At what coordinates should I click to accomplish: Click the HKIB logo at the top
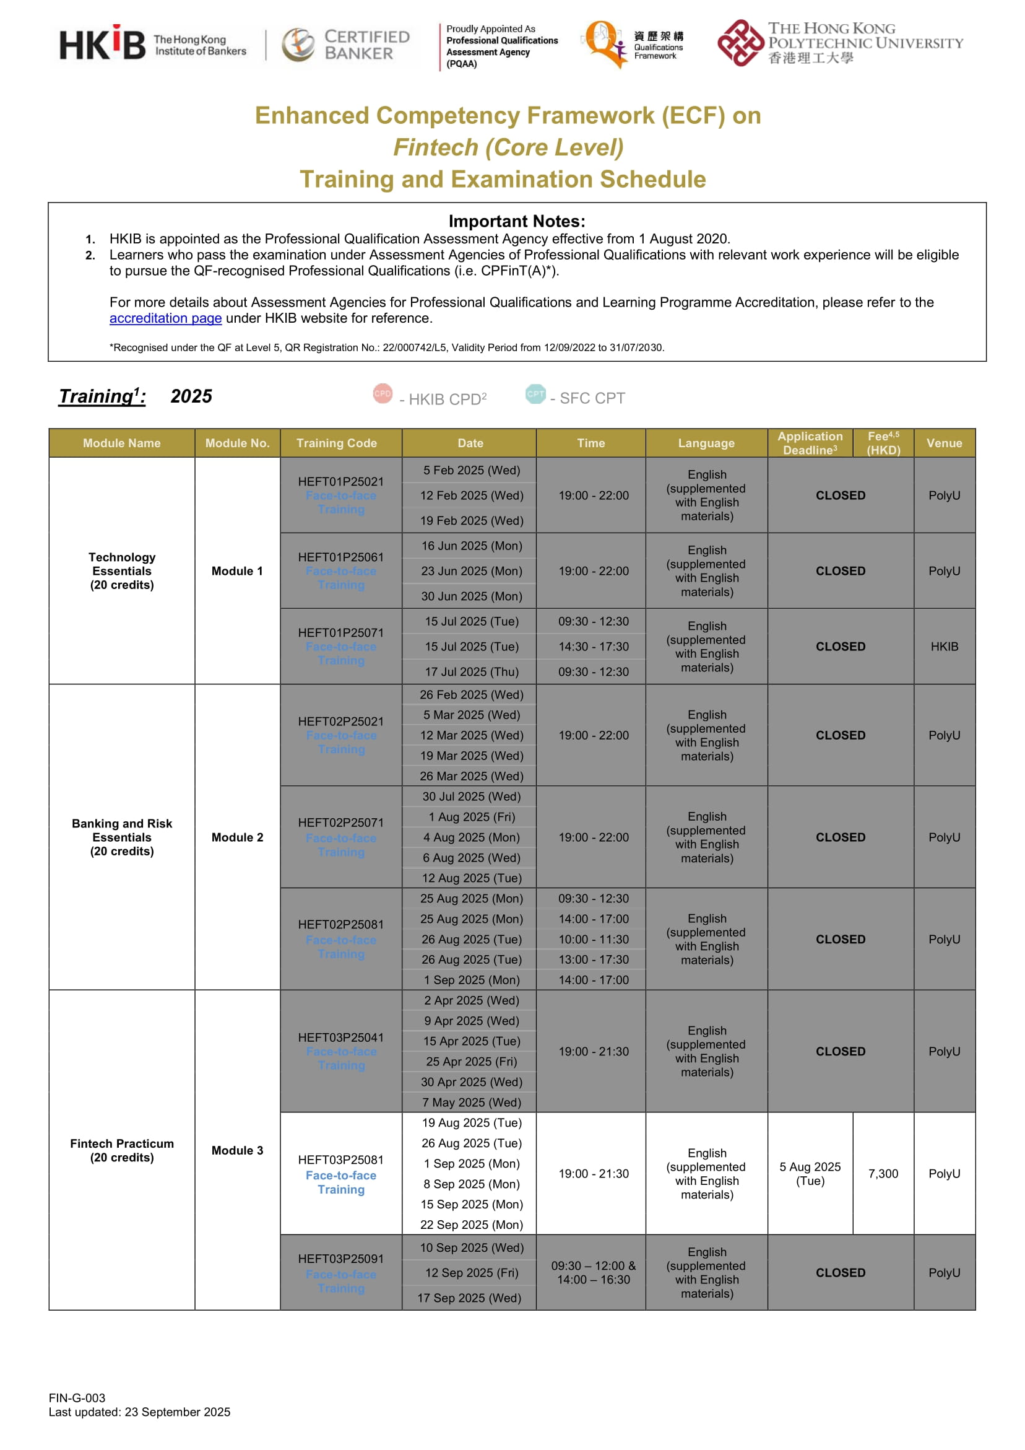(x=102, y=44)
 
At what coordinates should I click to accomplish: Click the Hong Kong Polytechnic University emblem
(x=740, y=43)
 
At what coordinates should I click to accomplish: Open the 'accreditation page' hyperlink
(x=165, y=318)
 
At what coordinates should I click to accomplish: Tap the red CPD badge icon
(x=383, y=393)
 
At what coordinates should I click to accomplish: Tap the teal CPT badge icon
(x=535, y=394)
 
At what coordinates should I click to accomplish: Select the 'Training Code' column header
(x=337, y=443)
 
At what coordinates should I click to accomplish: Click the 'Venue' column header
(x=943, y=443)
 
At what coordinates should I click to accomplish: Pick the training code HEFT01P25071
(x=341, y=633)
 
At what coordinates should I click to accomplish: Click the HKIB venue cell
(x=943, y=647)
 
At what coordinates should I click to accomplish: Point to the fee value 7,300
(x=883, y=1174)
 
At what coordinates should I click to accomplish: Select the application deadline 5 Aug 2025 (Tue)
(x=810, y=1174)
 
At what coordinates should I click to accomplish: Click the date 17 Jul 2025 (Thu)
(x=472, y=672)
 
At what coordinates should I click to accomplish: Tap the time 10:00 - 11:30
(x=594, y=940)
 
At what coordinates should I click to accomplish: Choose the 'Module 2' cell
(x=237, y=837)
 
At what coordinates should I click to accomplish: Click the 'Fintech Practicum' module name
(x=122, y=1143)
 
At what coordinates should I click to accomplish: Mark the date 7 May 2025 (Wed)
(x=472, y=1103)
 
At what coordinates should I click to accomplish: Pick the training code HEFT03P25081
(x=341, y=1160)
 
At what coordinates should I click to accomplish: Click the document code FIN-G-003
(x=77, y=1398)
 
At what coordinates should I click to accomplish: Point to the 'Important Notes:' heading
(x=517, y=222)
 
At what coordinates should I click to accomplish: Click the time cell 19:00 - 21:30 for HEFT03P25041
(x=594, y=1052)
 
